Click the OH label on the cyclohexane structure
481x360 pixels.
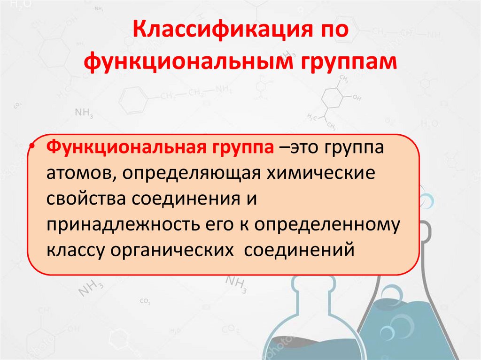point(357,98)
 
